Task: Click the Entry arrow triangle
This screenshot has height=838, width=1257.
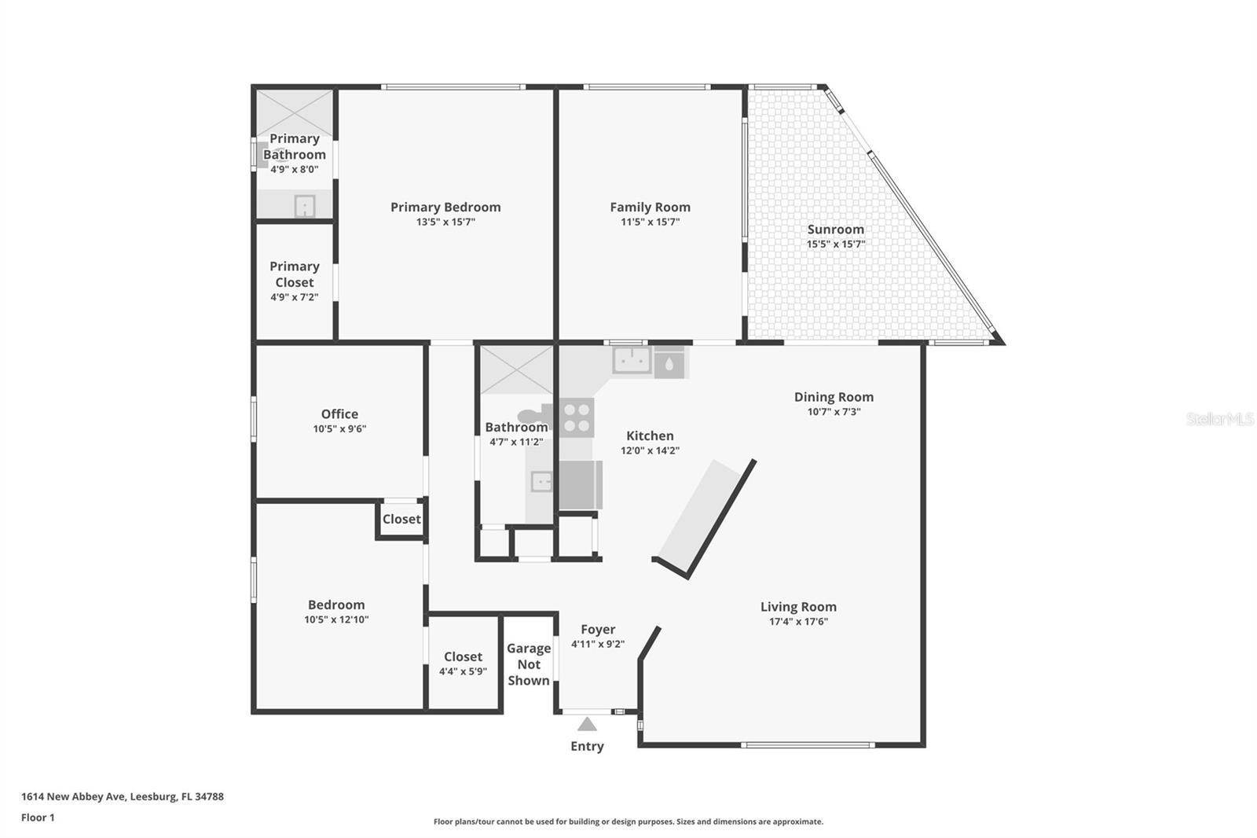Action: coord(587,725)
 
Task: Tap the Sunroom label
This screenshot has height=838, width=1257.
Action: coord(835,230)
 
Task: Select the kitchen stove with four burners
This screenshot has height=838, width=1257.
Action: coord(577,417)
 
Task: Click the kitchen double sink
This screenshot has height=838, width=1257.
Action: coord(632,361)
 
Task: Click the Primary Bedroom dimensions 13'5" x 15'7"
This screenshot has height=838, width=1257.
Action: coord(445,222)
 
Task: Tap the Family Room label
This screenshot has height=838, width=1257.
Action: coord(650,208)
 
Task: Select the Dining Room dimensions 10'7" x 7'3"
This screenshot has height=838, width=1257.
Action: coord(834,412)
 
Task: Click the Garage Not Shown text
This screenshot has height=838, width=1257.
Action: coord(528,664)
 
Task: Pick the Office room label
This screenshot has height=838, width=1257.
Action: coord(339,414)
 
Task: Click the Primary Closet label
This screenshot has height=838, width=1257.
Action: coord(294,274)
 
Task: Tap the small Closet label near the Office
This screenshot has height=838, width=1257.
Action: coord(401,520)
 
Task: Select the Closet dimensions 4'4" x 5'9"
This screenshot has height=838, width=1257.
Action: coord(463,671)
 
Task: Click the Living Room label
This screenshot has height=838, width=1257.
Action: coord(798,607)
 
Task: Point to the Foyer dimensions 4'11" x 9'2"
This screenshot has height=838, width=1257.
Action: coord(597,645)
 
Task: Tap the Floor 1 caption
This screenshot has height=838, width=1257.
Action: coord(38,818)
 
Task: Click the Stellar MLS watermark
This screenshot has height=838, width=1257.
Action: coord(1219,419)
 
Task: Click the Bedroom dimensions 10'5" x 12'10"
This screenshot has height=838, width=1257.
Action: coord(336,619)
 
